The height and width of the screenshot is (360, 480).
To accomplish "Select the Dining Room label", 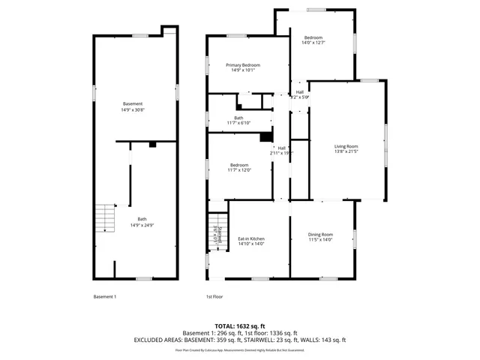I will [x=321, y=235].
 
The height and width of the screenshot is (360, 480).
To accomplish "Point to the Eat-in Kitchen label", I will [x=251, y=238].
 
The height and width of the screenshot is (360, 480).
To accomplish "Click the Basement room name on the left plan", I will [x=133, y=103].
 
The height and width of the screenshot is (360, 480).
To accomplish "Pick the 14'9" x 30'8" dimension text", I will [x=133, y=109].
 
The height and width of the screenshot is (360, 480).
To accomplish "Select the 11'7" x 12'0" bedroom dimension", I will [x=240, y=170].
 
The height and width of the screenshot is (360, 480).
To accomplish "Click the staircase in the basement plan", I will [x=105, y=220].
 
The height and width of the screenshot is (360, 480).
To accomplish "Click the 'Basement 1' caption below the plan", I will [x=104, y=296].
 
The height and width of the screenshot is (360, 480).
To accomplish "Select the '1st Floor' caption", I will [x=214, y=296].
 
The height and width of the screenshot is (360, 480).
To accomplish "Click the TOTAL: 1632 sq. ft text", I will [x=240, y=326].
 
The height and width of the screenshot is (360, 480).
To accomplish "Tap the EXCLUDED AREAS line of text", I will [x=240, y=340].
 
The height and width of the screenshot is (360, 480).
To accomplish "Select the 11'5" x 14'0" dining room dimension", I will [x=321, y=240].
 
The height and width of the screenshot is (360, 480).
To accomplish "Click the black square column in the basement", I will [x=152, y=144].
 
